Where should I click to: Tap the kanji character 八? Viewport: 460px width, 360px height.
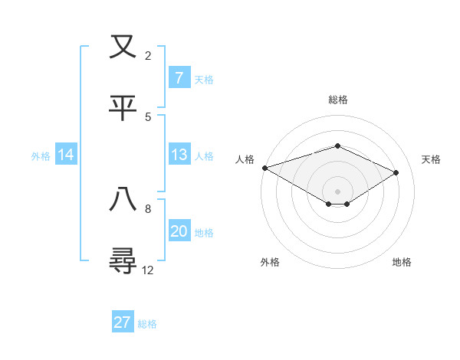point(123,198)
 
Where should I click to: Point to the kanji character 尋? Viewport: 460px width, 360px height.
point(123,260)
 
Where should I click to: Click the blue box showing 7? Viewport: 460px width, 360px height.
point(179,77)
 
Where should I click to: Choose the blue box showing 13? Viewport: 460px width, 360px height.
point(179,155)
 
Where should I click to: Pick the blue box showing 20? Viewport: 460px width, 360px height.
point(179,231)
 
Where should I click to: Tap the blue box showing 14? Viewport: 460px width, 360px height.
point(66,155)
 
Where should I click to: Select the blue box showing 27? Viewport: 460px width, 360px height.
point(122,322)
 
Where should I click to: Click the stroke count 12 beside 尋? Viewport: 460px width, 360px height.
point(148,270)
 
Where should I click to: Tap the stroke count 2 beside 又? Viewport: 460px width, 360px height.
point(148,56)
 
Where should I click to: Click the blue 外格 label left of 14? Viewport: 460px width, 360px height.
point(41,155)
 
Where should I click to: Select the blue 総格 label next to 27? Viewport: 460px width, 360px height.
point(147,323)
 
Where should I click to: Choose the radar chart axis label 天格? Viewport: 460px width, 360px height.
point(431,159)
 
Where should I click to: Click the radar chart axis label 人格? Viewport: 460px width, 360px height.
point(245,159)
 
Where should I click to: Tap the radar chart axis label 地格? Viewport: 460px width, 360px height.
point(402,262)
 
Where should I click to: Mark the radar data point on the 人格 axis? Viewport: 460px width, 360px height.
point(264,168)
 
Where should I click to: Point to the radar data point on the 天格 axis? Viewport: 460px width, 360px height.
point(396,172)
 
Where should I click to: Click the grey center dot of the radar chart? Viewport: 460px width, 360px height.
point(337,191)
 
